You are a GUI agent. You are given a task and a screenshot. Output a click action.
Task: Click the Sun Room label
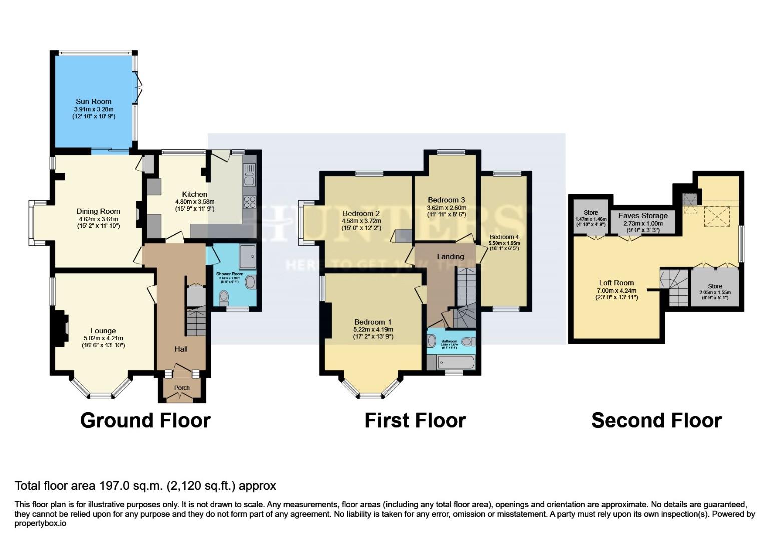pyautogui.click(x=93, y=101)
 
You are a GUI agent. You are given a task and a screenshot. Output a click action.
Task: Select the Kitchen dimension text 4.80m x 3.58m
pyautogui.click(x=194, y=201)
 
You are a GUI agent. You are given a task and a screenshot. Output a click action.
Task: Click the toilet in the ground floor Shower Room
pyautogui.click(x=224, y=299)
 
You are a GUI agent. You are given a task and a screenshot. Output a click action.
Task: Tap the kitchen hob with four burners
pyautogui.click(x=249, y=202)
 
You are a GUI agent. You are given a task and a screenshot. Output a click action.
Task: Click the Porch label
pyautogui.click(x=182, y=388)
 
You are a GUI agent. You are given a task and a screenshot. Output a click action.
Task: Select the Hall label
pyautogui.click(x=181, y=349)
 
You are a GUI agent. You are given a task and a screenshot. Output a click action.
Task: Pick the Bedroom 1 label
pyautogui.click(x=373, y=322)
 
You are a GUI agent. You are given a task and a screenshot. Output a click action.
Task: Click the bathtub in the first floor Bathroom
pyautogui.click(x=451, y=361)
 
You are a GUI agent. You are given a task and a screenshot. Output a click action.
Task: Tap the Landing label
pyautogui.click(x=450, y=257)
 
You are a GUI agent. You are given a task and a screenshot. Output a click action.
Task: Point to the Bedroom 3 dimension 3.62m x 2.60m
pyautogui.click(x=446, y=208)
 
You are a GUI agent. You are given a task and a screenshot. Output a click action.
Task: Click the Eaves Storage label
pyautogui.click(x=643, y=216)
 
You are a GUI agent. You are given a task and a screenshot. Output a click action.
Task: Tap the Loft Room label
pyautogui.click(x=616, y=283)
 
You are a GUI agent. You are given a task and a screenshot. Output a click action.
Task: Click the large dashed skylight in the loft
pyautogui.click(x=717, y=216)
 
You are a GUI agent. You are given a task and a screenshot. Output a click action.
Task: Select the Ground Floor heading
pyautogui.click(x=145, y=420)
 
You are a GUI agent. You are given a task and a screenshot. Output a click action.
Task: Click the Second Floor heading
pyautogui.click(x=656, y=420)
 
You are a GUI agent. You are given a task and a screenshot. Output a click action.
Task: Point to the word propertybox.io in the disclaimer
pyautogui.click(x=40, y=523)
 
